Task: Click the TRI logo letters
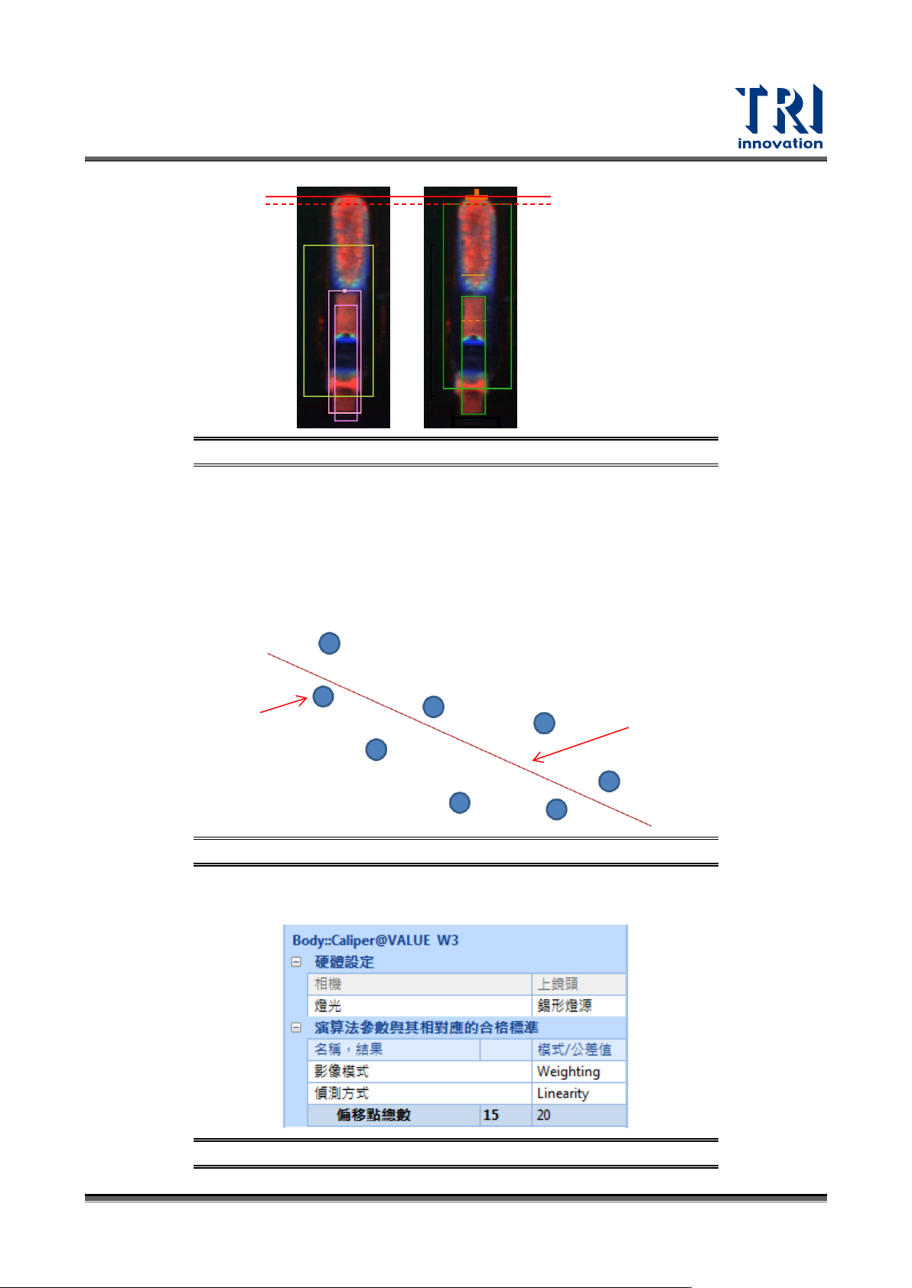coord(778,110)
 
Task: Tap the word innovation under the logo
coord(780,143)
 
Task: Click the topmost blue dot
coord(329,643)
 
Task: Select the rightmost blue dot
coord(609,781)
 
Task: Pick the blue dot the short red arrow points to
coord(324,696)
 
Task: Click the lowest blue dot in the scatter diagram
coord(556,809)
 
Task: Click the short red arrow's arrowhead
coord(305,698)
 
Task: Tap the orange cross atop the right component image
coord(476,196)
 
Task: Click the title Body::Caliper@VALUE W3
coord(375,940)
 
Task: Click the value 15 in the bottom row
coord(491,1115)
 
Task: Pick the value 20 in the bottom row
coord(543,1115)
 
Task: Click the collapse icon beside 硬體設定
coord(296,962)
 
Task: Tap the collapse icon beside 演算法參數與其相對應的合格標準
coord(296,1028)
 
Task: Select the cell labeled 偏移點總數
coord(373,1115)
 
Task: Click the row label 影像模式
coord(341,1072)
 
